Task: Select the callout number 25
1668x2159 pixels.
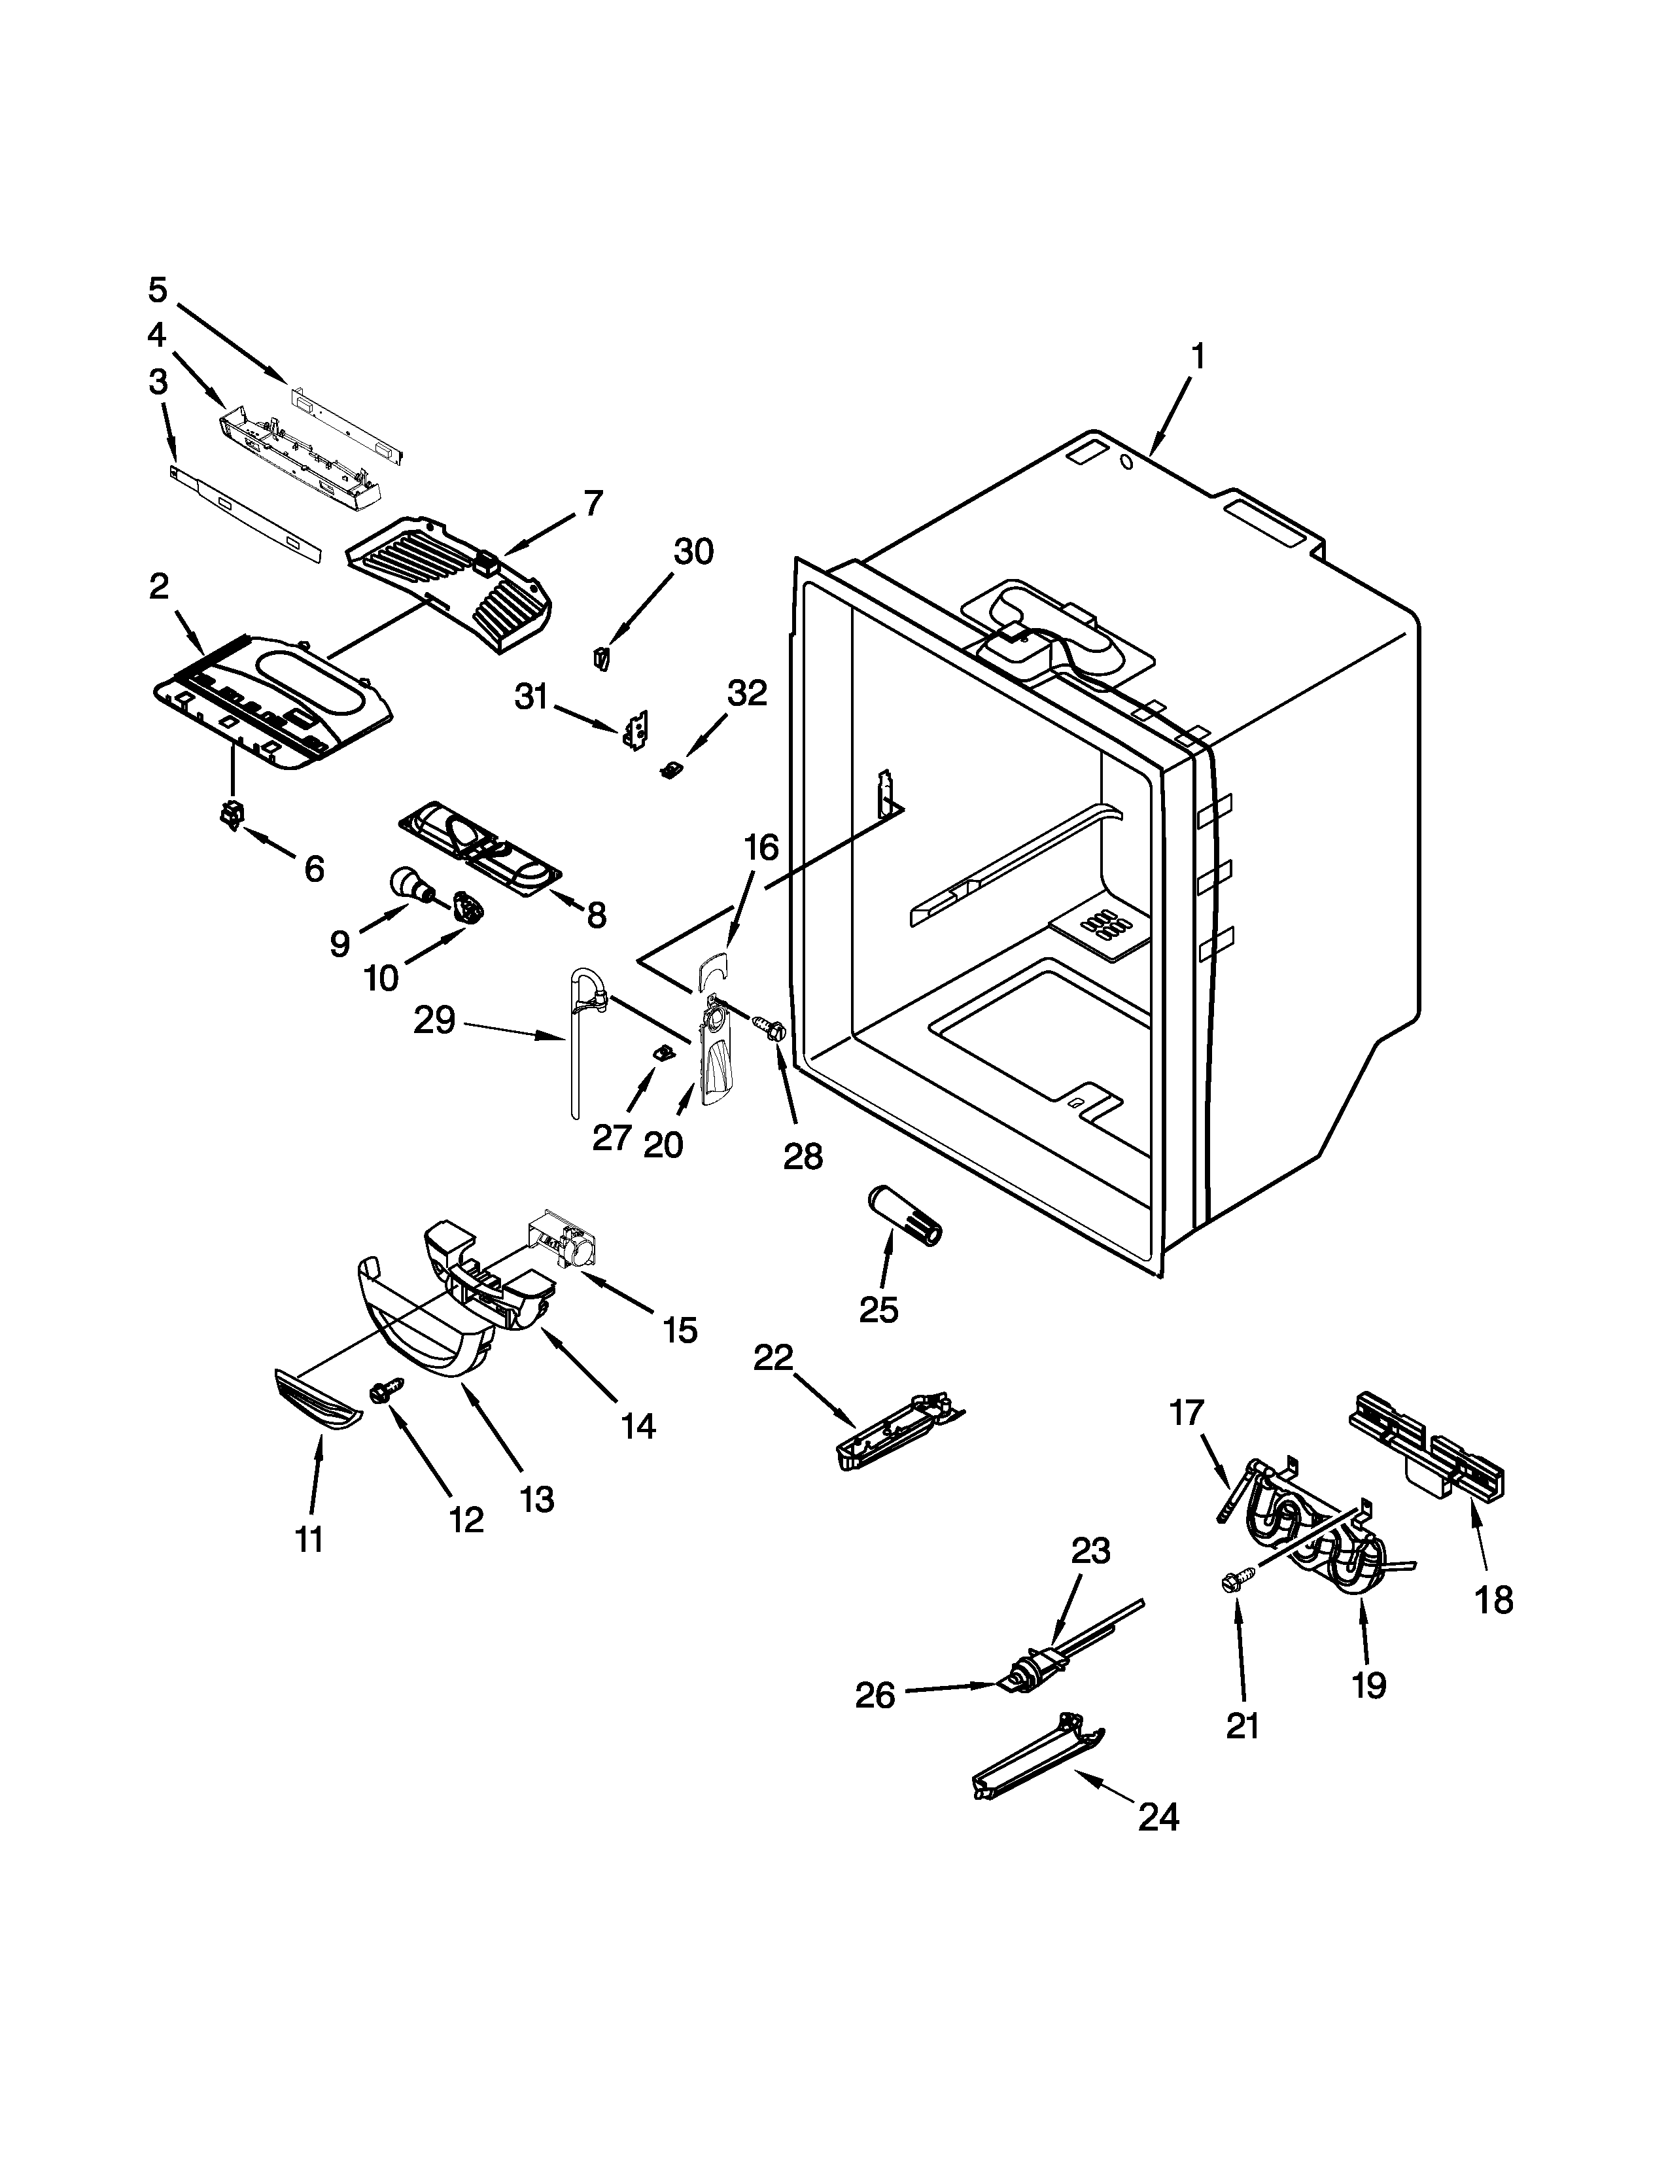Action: pyautogui.click(x=878, y=1309)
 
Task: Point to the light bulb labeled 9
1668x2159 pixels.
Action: pyautogui.click(x=408, y=882)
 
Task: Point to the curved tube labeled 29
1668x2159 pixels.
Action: pyautogui.click(x=576, y=1038)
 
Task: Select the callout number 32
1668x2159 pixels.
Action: pyautogui.click(x=746, y=694)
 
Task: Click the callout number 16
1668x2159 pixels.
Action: pyautogui.click(x=761, y=847)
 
